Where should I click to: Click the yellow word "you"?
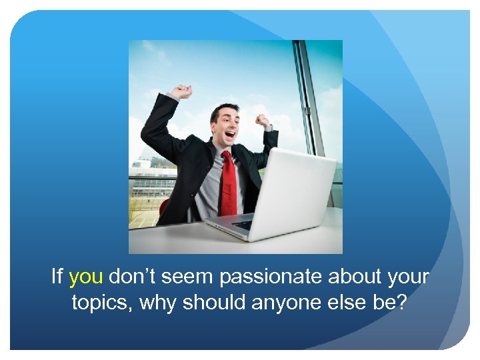pos(85,277)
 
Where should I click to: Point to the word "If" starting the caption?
pos(57,277)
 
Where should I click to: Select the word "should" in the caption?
pos(215,303)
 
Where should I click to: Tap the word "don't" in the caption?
pos(130,277)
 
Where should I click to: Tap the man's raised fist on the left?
pos(182,91)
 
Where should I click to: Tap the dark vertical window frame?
pos(308,100)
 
